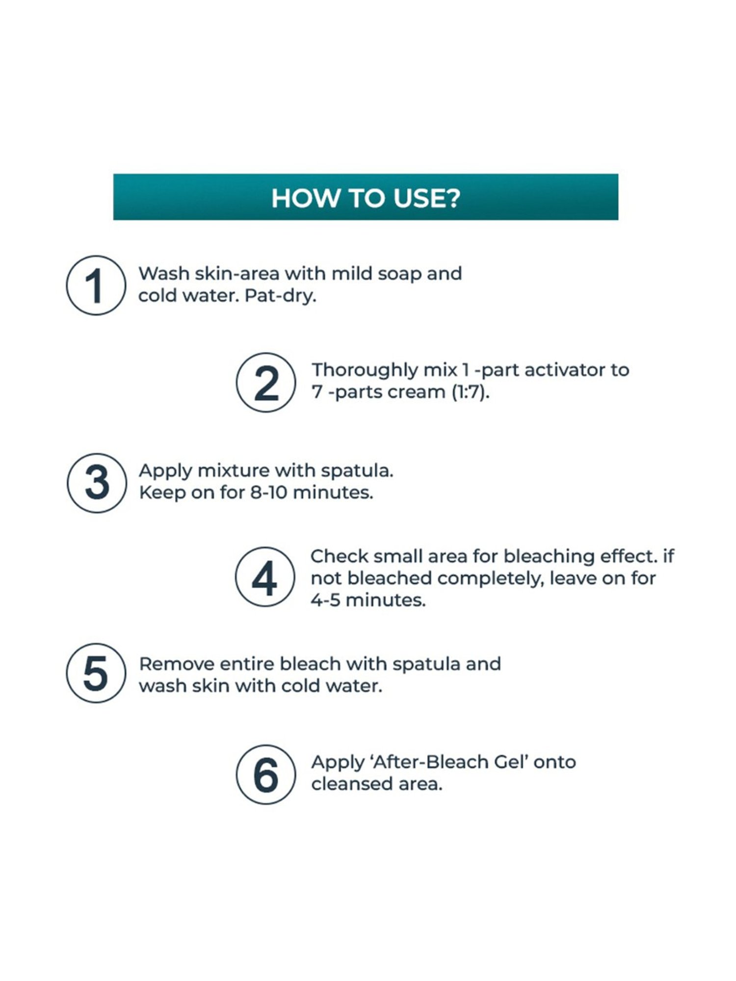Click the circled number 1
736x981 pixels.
click(96, 285)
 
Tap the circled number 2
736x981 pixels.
click(266, 382)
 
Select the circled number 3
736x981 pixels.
click(97, 483)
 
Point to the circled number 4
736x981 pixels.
click(265, 577)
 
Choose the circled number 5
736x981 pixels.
click(96, 673)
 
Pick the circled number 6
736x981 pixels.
click(266, 774)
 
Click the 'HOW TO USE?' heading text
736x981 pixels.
click(366, 198)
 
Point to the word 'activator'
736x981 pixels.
click(564, 370)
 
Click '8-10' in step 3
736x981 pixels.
click(268, 492)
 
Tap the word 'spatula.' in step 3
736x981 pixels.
click(357, 471)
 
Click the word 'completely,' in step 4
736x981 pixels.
click(490, 579)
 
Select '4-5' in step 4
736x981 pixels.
click(325, 600)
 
